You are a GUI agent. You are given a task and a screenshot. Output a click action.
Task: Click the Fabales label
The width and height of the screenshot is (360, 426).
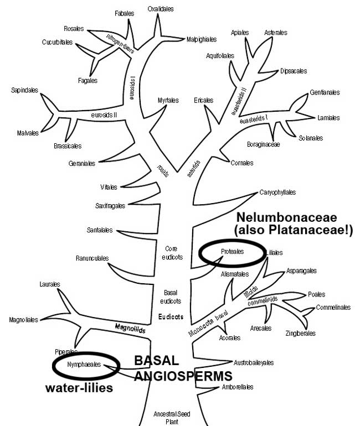click(x=124, y=13)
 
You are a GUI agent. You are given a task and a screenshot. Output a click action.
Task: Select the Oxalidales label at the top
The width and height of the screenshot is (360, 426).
click(x=161, y=9)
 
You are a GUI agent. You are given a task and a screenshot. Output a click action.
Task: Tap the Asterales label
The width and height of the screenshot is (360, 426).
click(x=275, y=32)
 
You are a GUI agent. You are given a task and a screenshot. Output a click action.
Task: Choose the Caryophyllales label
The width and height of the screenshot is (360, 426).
click(x=277, y=193)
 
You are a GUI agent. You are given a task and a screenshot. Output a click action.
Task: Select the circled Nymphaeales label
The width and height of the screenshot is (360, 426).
click(x=84, y=365)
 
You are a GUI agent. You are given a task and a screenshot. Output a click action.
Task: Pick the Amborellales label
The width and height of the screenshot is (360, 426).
click(x=238, y=387)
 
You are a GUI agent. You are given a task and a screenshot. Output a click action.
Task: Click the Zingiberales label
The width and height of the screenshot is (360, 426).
click(x=301, y=334)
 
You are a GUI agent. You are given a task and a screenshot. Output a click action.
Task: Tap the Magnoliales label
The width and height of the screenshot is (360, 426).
click(x=23, y=320)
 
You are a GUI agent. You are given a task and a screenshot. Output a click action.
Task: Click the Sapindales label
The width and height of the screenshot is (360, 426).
click(x=24, y=90)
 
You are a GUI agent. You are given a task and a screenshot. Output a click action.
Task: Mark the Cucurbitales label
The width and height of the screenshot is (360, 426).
click(x=58, y=42)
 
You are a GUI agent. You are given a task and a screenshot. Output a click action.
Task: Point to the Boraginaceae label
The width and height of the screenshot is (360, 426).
click(x=264, y=144)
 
